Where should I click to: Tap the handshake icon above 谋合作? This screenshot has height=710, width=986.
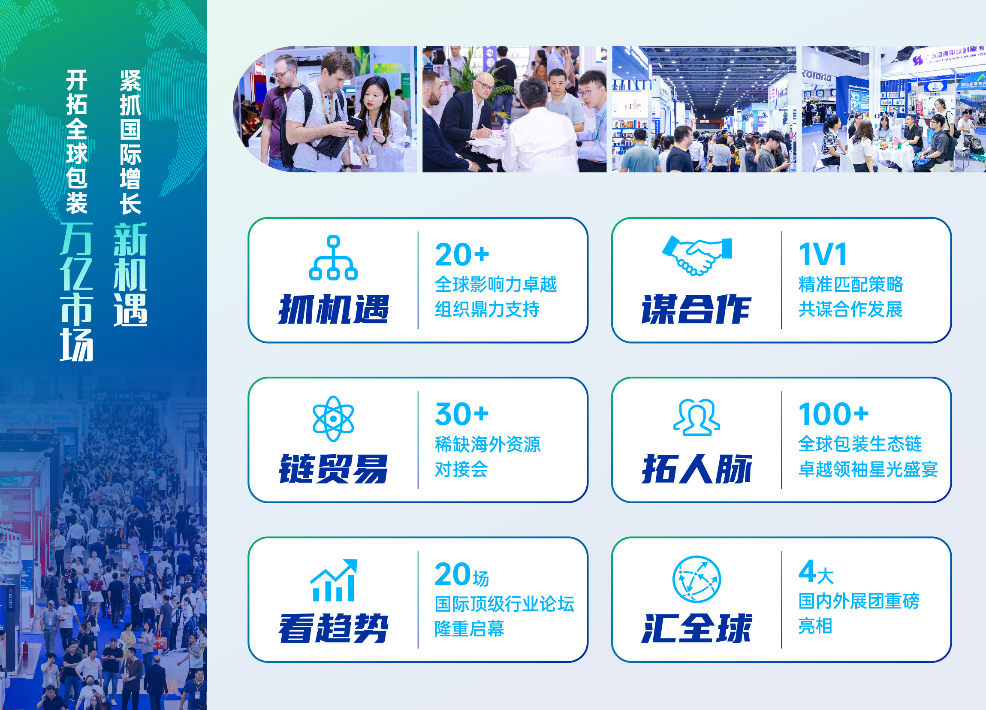click(697, 255)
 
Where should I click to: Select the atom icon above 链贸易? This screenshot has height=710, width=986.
click(333, 419)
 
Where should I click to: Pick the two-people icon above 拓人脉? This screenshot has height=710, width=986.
click(697, 417)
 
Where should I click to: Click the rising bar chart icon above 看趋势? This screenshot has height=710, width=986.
click(333, 580)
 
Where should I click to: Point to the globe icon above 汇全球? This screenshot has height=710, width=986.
click(697, 579)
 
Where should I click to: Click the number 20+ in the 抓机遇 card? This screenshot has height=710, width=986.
click(462, 254)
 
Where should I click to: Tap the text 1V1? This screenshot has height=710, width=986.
click(823, 254)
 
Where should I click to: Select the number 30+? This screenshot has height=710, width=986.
click(462, 414)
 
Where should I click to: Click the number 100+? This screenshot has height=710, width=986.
click(833, 414)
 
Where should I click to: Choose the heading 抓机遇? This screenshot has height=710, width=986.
click(333, 309)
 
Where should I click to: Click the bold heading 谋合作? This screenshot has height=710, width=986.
click(697, 309)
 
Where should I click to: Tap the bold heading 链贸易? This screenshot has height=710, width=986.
click(333, 469)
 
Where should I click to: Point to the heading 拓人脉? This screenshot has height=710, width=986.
click(697, 469)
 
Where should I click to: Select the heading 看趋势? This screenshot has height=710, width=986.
click(333, 628)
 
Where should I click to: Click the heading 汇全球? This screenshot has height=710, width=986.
click(697, 628)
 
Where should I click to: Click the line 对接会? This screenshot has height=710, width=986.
click(461, 469)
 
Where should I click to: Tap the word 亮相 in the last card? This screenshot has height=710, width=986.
click(816, 626)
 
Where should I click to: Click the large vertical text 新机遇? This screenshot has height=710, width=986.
click(130, 275)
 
